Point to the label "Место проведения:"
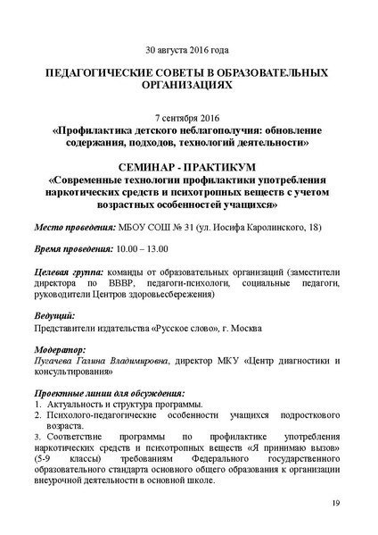pyautogui.click(x=74, y=227)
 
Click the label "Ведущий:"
pyautogui.click(x=54, y=316)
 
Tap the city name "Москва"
pyautogui.click(x=243, y=328)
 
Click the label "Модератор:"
pyautogui.click(x=60, y=350)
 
